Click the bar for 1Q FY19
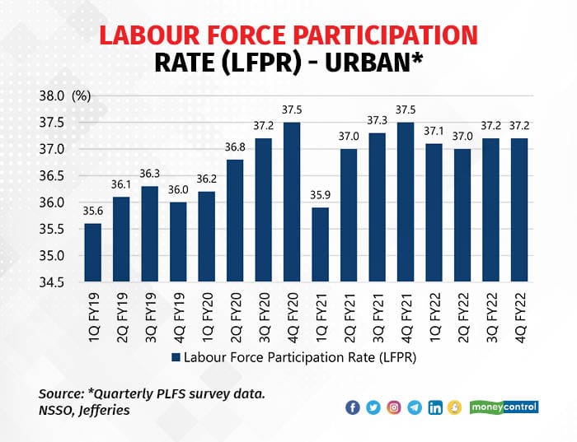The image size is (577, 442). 92,252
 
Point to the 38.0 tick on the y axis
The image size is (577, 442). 52,96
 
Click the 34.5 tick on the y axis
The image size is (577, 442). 52,282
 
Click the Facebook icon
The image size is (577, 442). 353,407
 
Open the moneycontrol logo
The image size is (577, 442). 504,407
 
